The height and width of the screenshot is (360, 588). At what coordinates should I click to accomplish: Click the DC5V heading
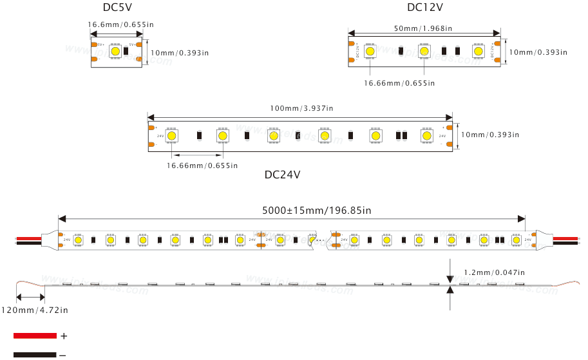tap(118, 7)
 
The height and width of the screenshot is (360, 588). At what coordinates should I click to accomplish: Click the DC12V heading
tap(424, 7)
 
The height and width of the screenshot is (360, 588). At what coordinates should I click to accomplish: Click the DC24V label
tap(282, 175)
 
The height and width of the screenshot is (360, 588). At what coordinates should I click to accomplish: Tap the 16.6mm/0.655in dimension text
tap(120, 24)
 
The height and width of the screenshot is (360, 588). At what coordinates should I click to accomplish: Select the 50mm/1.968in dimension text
tap(422, 28)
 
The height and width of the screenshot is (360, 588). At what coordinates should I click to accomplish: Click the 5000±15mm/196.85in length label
tap(316, 210)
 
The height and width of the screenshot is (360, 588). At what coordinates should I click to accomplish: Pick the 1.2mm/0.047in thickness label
tap(494, 272)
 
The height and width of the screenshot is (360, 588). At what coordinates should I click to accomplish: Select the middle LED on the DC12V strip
tap(424, 51)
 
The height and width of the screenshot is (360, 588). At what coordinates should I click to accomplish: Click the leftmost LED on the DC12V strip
tap(370, 51)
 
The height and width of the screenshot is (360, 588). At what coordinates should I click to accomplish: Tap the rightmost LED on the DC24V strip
tap(426, 135)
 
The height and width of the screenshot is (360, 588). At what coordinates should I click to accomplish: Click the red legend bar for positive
tap(35, 336)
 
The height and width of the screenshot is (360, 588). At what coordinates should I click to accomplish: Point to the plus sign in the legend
tap(64, 336)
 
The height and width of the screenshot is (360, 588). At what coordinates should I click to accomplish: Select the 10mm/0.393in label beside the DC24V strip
tap(489, 135)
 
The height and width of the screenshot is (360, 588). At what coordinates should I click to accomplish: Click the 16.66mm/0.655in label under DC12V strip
tap(399, 83)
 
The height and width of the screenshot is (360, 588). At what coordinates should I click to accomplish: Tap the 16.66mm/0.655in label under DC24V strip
tap(202, 166)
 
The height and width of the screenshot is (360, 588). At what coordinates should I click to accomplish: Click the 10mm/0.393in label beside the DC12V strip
tap(538, 52)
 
